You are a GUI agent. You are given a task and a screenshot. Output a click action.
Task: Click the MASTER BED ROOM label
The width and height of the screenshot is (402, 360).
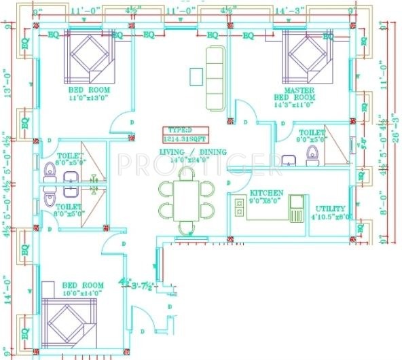pos(299,93)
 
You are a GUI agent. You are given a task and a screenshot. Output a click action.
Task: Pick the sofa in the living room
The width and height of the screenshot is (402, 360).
pos(215,77)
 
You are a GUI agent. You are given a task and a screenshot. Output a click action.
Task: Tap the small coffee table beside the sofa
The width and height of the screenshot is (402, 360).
pos(196,76)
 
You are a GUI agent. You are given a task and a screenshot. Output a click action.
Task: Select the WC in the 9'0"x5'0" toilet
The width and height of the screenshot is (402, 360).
pos(312,155)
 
